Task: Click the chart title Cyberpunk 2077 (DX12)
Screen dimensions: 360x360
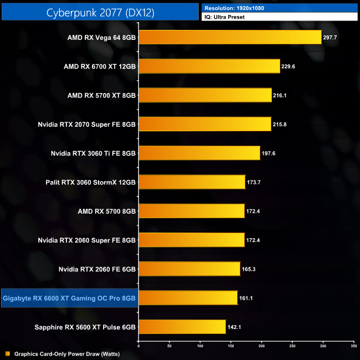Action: point(100,12)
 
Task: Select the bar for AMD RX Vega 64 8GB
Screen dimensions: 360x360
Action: point(229,37)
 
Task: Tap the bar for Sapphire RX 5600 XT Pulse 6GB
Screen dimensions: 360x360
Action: point(182,326)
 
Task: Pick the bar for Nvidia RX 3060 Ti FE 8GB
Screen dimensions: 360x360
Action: point(199,153)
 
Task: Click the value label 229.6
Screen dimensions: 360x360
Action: point(291,66)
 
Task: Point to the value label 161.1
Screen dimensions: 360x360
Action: point(248,298)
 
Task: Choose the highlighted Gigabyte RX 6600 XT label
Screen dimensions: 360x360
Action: point(69,298)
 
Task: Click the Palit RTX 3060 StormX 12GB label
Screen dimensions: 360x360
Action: point(91,182)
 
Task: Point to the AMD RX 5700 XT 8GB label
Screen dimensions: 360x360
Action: point(101,95)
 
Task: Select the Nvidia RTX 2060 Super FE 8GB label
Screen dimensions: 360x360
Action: point(86,240)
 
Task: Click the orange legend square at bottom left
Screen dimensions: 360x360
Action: point(7,353)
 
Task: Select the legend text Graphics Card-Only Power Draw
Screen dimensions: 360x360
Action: point(67,353)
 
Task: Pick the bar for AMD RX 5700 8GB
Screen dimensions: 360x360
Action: point(191,210)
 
